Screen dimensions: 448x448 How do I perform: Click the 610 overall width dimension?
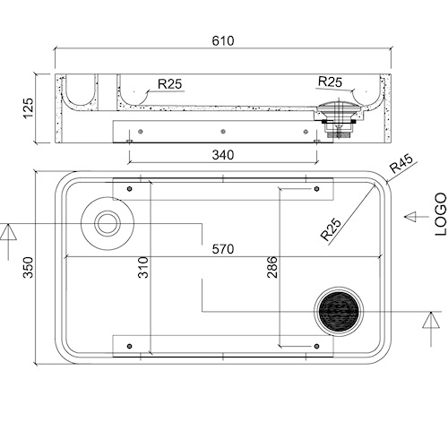pos(223,41)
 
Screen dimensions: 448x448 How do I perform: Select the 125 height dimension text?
pos(28,108)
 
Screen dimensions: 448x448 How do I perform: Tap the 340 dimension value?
pos(223,155)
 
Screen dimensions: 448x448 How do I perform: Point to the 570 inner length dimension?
pos(223,249)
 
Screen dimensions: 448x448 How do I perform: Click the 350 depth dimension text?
pos(28,267)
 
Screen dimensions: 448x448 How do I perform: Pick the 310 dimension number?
pos(143,267)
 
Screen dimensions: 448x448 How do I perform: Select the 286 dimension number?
pos(271,267)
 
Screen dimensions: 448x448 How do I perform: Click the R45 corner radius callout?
pos(401,163)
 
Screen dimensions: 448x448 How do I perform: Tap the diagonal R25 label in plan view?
pos(331,229)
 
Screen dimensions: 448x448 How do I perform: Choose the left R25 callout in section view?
pos(169,84)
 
